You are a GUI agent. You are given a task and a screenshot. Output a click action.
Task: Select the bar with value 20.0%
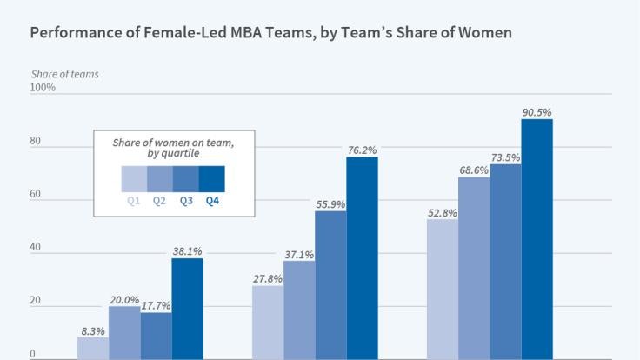[123, 332]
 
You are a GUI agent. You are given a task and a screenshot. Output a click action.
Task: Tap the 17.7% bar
[156, 335]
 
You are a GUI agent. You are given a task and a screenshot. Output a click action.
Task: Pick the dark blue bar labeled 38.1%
[187, 309]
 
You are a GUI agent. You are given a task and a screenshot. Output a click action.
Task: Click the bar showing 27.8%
[267, 322]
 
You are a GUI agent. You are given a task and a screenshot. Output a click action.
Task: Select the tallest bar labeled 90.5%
[537, 239]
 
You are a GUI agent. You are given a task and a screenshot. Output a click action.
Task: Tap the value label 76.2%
[362, 150]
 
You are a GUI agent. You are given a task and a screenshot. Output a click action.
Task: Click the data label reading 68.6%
[474, 170]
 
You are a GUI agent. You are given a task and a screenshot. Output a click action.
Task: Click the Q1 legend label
[134, 201]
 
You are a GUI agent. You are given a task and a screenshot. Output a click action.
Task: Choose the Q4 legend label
[212, 201]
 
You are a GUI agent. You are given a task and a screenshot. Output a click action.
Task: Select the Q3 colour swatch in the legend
[186, 178]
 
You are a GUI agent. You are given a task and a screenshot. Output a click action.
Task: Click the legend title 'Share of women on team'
[172, 141]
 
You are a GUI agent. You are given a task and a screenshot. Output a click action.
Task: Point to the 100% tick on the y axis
[43, 88]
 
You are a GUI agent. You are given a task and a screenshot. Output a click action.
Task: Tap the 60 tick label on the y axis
[37, 194]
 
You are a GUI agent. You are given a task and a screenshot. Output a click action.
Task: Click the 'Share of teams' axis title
[64, 74]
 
